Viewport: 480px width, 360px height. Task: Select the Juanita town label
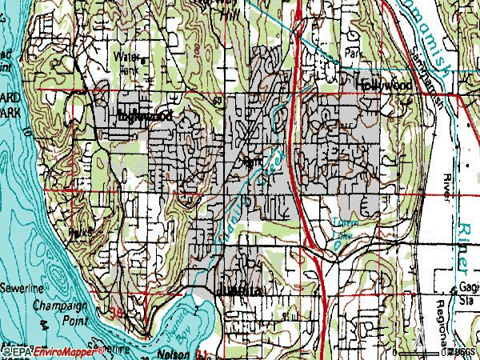click(x=238, y=290)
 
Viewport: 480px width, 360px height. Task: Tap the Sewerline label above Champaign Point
click(x=17, y=285)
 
